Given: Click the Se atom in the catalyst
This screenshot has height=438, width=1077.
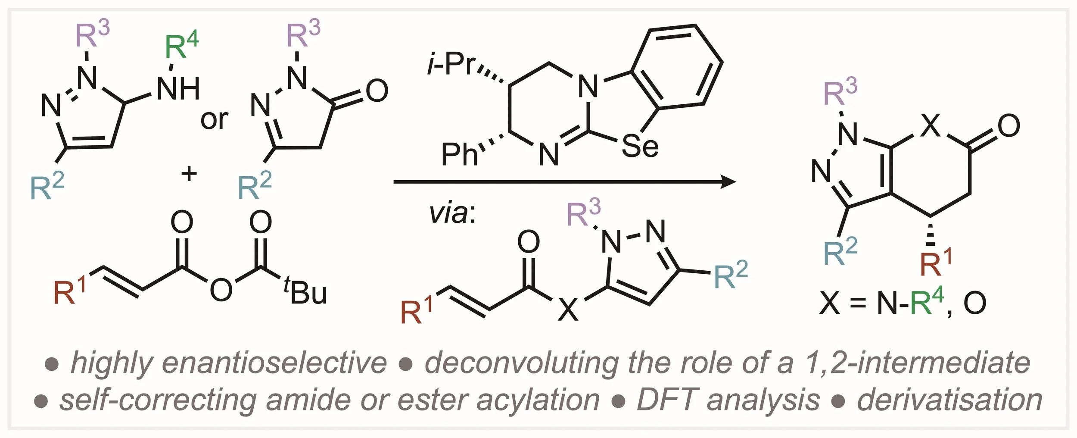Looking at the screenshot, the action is click(640, 147).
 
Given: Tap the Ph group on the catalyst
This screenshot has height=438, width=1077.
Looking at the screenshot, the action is click(459, 154).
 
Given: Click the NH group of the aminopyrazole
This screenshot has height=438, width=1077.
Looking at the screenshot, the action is click(178, 89).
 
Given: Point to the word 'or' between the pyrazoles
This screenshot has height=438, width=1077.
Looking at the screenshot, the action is click(214, 119).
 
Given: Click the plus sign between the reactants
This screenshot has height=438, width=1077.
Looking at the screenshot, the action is click(189, 174).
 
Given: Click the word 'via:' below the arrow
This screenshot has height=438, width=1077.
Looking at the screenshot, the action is click(452, 213).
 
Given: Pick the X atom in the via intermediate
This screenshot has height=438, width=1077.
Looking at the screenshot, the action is click(568, 310).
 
